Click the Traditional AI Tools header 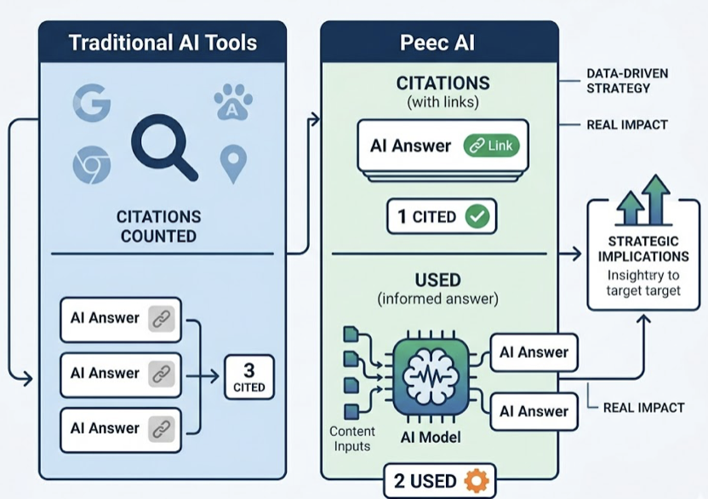tap(163, 43)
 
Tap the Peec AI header tap(438, 43)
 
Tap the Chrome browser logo tap(92, 165)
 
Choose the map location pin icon tap(232, 163)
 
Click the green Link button tap(491, 146)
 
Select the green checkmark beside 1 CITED tap(477, 216)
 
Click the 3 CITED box tap(248, 377)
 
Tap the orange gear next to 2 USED tap(476, 481)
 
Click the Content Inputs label tap(352, 439)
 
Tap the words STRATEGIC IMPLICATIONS tap(642, 249)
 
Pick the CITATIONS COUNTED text tap(159, 226)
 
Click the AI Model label tap(430, 438)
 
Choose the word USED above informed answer tap(437, 279)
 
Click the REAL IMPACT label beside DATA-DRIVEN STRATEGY tap(627, 125)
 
